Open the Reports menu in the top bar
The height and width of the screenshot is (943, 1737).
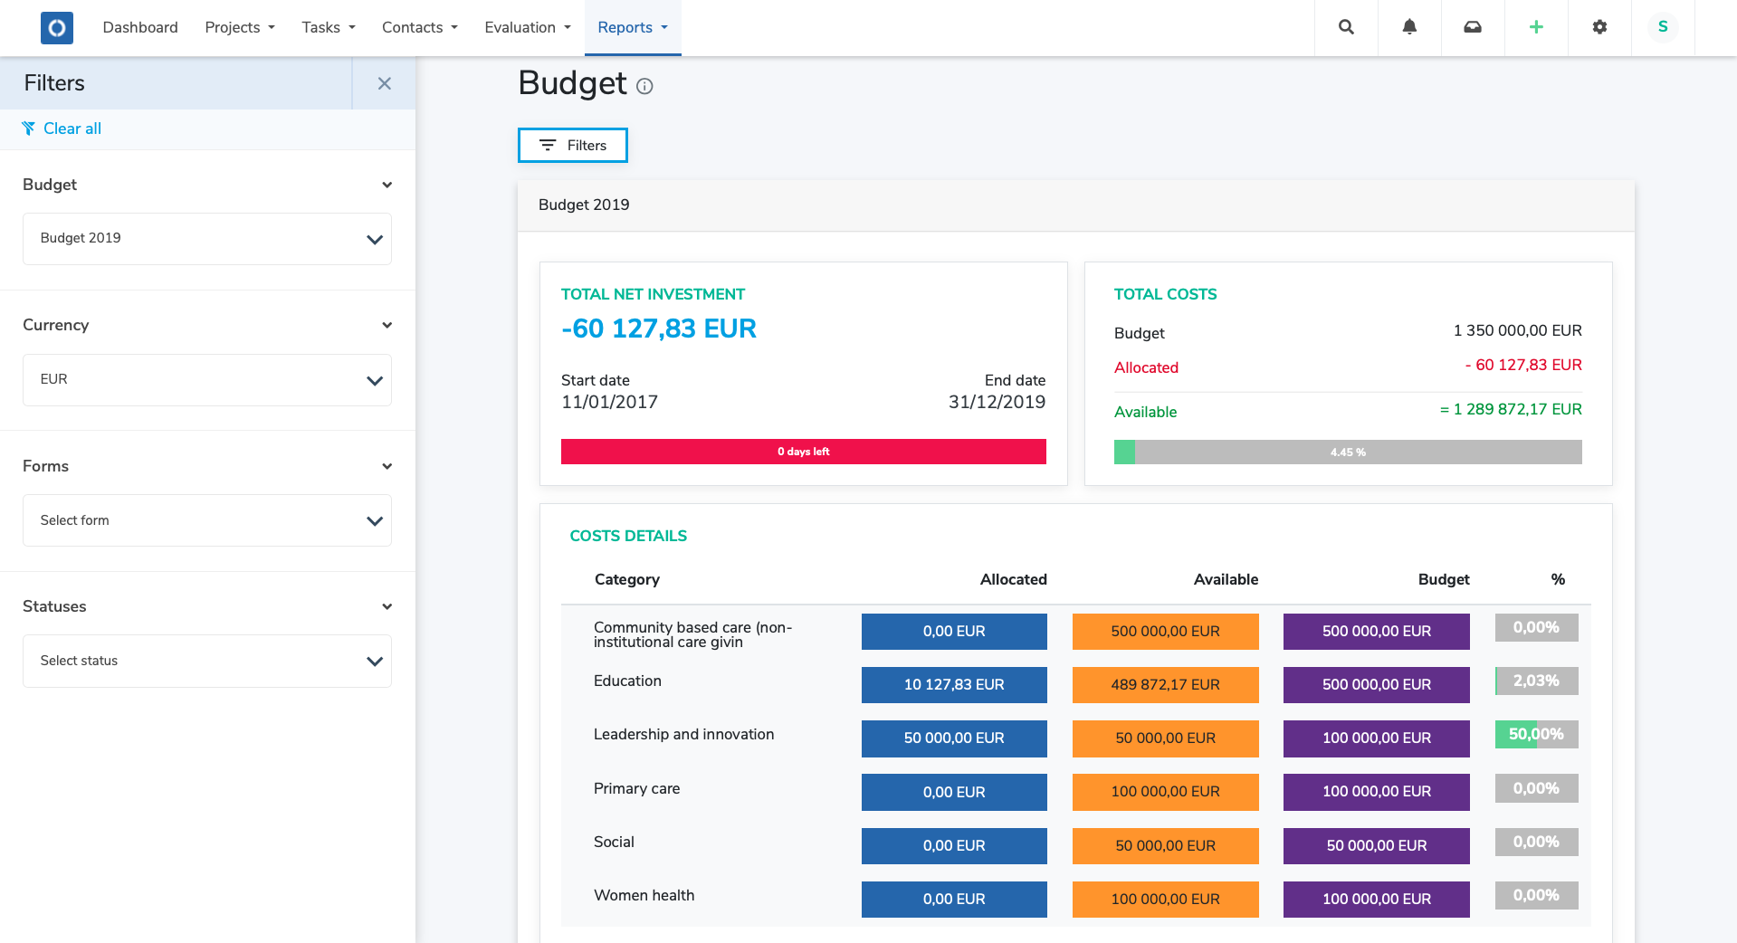coord(632,27)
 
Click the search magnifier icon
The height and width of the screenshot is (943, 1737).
coord(1346,27)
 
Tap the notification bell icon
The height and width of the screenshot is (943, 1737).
coord(1409,27)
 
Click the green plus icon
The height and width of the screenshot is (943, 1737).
coord(1536,27)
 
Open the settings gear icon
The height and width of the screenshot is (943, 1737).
coord(1599,27)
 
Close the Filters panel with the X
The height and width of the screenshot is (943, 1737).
coord(384,83)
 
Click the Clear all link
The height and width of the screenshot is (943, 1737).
coord(72,129)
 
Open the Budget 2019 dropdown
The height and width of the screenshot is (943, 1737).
coord(206,239)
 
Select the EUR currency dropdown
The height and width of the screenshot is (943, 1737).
coord(206,379)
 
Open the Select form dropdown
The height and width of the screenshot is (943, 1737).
coord(206,520)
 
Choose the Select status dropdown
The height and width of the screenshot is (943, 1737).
coord(206,661)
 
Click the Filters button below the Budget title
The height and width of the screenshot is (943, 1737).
coord(572,146)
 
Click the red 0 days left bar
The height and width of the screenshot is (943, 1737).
coord(803,452)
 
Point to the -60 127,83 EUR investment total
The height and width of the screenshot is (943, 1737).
coord(658,329)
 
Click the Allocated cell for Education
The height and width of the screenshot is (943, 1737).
coord(953,685)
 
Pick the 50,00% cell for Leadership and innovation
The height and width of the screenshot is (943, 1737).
coord(1535,735)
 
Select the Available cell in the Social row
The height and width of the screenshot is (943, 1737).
coord(1165,845)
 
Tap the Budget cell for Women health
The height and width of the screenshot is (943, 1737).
coord(1376,899)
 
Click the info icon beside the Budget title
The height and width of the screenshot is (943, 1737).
coord(644,87)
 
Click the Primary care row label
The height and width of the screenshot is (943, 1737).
coord(636,788)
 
